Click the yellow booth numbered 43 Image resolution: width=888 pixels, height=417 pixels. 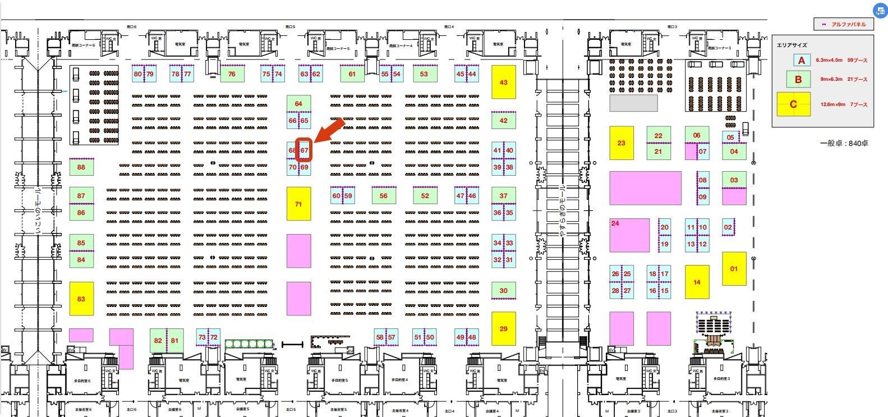503,82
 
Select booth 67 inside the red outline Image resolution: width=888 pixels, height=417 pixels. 304,150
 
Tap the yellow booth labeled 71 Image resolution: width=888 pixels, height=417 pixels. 298,204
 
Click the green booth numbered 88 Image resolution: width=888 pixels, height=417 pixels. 81,167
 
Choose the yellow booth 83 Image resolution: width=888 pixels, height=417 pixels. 81,299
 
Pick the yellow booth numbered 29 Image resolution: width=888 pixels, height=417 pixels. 503,328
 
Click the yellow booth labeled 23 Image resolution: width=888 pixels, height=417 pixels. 621,143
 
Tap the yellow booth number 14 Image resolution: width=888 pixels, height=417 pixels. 697,282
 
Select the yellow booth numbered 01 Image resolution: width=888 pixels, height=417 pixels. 734,269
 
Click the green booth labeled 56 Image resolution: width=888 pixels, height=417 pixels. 384,196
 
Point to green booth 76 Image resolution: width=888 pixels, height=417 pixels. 232,74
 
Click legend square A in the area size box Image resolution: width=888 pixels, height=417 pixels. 802,61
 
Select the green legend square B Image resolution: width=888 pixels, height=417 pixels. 798,79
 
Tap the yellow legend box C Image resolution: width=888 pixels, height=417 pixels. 793,104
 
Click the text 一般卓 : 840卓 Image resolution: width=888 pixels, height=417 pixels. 844,144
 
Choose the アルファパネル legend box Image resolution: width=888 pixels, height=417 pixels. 844,25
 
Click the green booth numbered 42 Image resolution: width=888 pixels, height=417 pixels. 503,120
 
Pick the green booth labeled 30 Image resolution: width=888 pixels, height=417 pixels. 503,290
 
